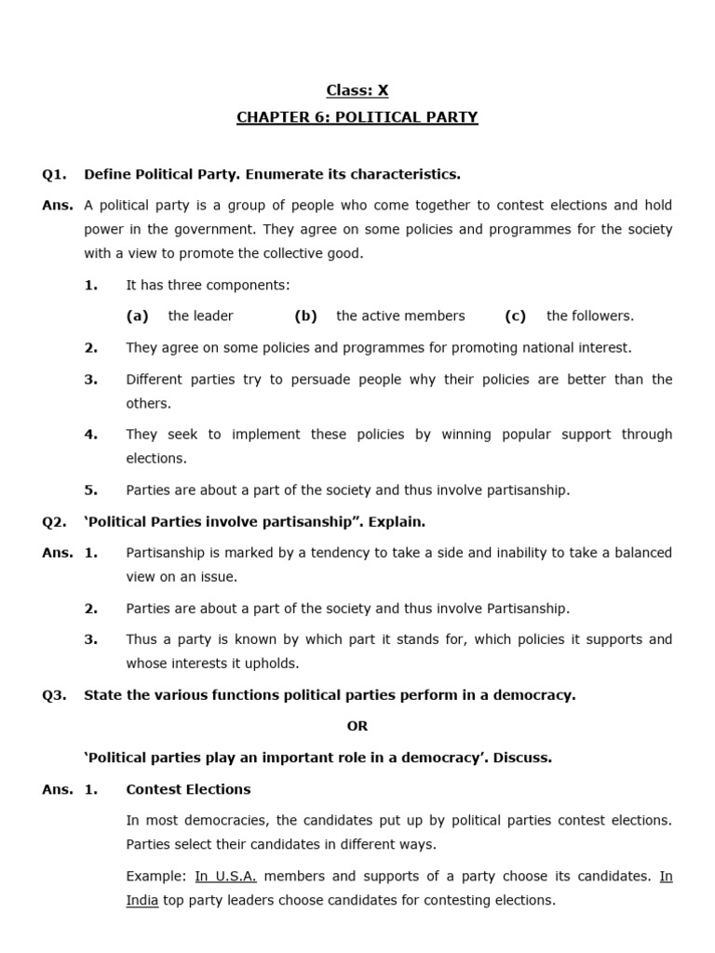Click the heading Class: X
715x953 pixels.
pyautogui.click(x=357, y=90)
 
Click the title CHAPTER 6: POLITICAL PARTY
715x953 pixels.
pyautogui.click(x=357, y=117)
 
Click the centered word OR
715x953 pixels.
pyautogui.click(x=357, y=726)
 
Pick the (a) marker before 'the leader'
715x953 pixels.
pyautogui.click(x=138, y=315)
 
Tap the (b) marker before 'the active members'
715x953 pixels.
pyautogui.click(x=305, y=315)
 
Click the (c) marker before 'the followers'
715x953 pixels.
pyautogui.click(x=516, y=315)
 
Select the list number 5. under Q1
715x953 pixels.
pyautogui.click(x=91, y=490)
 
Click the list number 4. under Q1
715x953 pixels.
pyautogui.click(x=91, y=435)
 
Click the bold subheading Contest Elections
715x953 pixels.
pyautogui.click(x=188, y=789)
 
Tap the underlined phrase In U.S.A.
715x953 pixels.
pyautogui.click(x=226, y=876)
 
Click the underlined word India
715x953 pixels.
pyautogui.click(x=142, y=900)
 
